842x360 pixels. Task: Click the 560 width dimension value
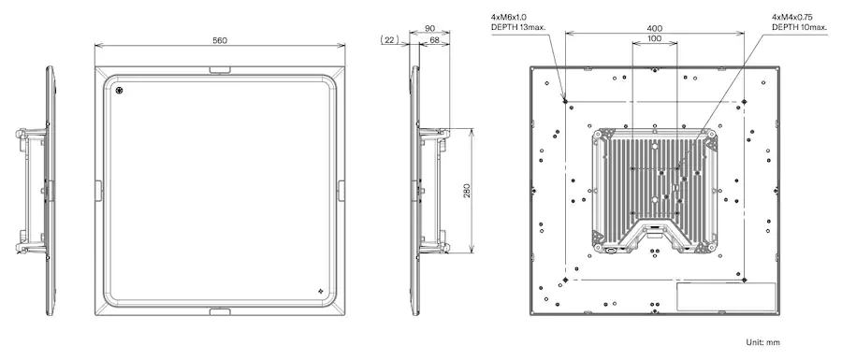point(220,40)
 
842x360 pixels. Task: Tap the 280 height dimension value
point(467,191)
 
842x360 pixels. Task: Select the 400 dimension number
point(655,28)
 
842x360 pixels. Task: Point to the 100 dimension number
point(654,38)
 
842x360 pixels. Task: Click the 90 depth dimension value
point(429,28)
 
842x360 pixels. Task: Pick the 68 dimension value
point(434,39)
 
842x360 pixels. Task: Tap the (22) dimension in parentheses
point(388,39)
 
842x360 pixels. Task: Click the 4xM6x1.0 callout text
point(509,17)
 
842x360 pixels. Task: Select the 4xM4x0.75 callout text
point(791,17)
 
